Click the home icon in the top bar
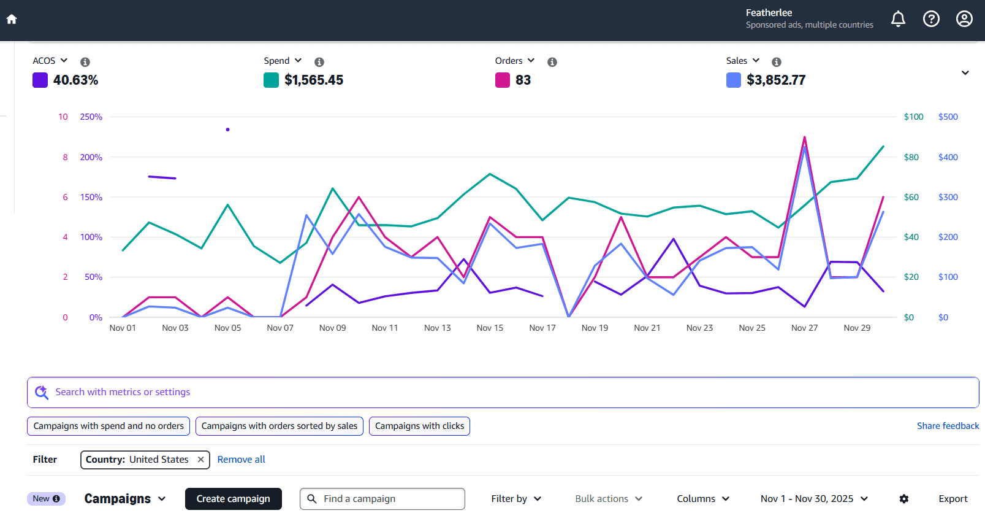click(x=12, y=19)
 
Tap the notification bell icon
click(x=898, y=19)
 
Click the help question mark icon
click(x=931, y=19)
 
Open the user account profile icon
click(x=964, y=19)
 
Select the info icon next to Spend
click(x=319, y=62)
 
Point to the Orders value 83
click(x=523, y=80)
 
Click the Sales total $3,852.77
click(x=776, y=80)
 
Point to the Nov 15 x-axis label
click(x=490, y=328)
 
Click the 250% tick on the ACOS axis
click(x=91, y=117)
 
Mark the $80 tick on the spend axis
click(x=911, y=157)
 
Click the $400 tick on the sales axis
click(x=948, y=157)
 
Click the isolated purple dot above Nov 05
click(x=227, y=129)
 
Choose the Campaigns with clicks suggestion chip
click(x=419, y=426)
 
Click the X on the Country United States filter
click(x=200, y=460)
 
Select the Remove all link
click(x=241, y=460)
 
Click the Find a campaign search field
click(x=389, y=499)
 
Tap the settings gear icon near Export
click(x=903, y=499)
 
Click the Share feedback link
click(x=948, y=426)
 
